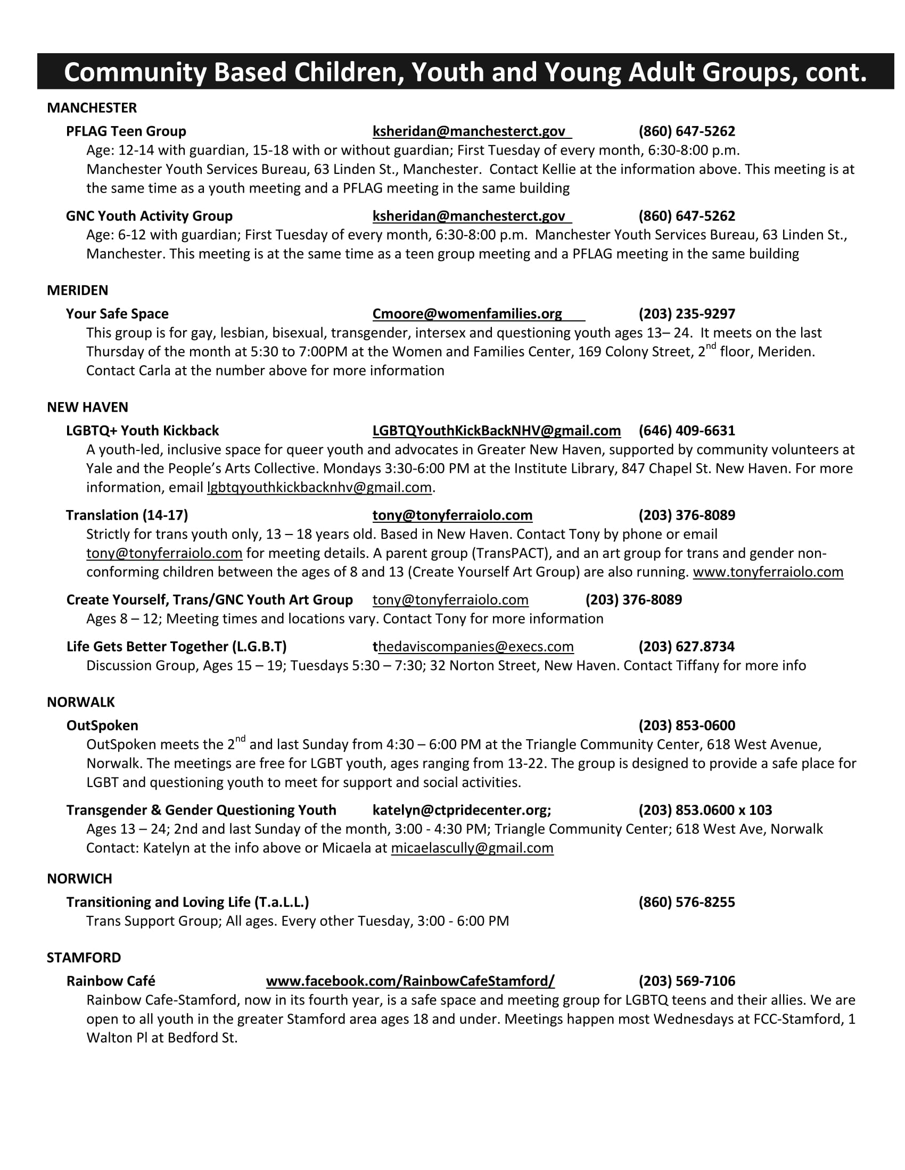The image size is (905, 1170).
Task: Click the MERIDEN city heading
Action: point(77,290)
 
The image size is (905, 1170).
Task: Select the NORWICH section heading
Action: point(79,879)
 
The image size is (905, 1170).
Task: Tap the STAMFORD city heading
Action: point(84,957)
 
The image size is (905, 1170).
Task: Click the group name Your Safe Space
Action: point(117,314)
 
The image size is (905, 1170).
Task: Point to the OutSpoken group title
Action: point(102,725)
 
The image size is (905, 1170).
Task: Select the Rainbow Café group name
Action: point(110,981)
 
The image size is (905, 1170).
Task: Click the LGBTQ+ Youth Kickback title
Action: point(142,431)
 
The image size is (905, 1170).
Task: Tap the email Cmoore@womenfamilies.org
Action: point(467,314)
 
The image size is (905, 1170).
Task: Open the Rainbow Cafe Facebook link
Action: point(410,981)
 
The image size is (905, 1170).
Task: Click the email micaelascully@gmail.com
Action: point(472,848)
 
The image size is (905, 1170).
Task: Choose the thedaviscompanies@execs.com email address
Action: point(473,647)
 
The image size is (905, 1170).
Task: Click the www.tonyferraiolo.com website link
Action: point(768,572)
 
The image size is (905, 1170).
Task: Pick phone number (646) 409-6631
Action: point(686,431)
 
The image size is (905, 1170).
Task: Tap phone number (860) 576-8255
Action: point(686,902)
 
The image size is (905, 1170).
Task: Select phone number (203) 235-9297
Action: point(686,314)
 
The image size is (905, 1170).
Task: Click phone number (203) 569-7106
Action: point(686,981)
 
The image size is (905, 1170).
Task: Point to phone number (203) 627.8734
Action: point(686,647)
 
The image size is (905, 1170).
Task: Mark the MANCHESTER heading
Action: point(92,108)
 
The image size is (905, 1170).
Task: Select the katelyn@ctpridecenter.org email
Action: point(461,810)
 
